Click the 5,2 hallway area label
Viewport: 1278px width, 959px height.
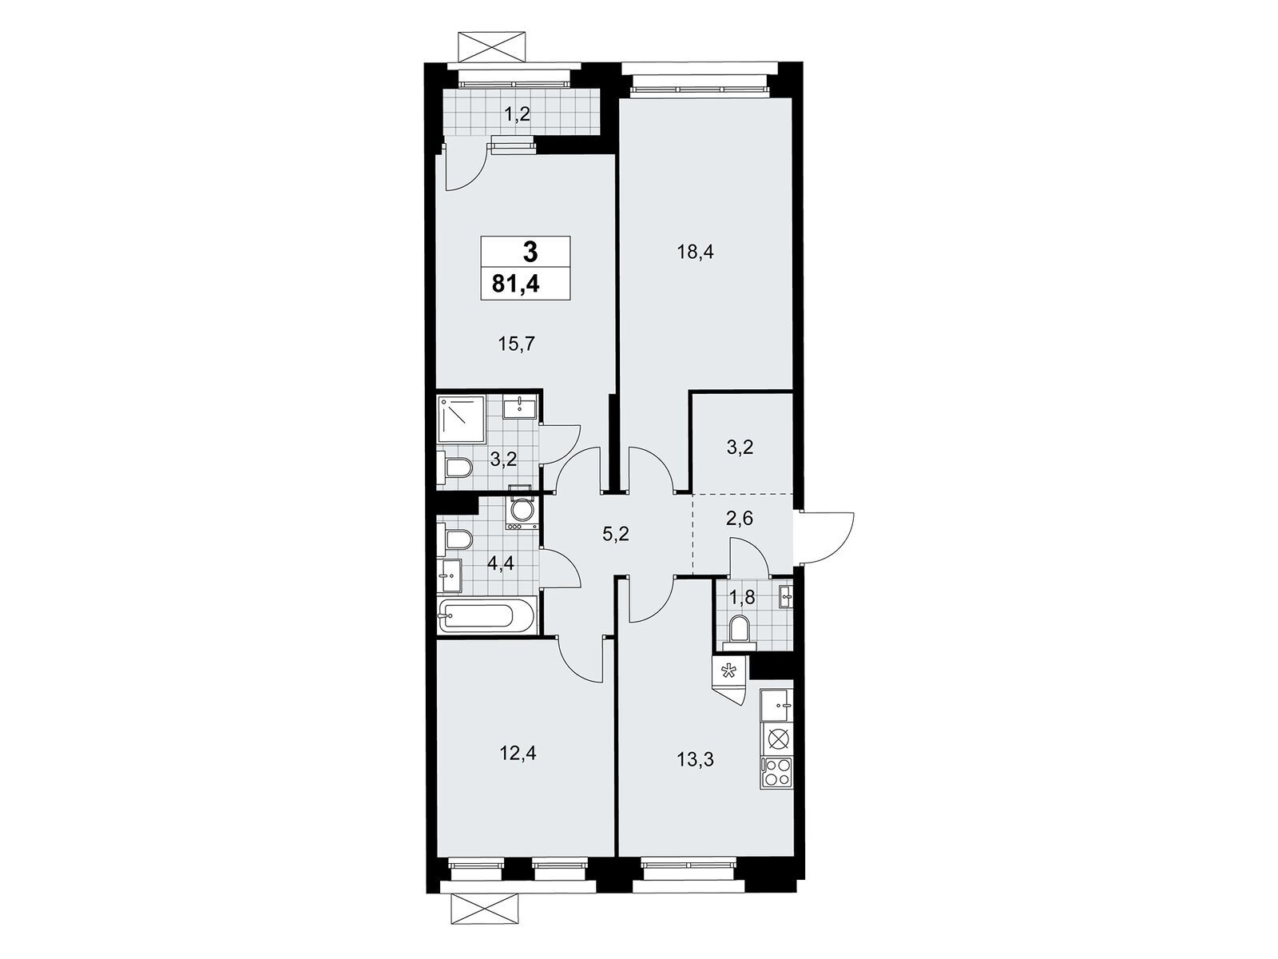coord(615,533)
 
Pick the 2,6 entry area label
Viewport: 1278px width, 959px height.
coord(740,517)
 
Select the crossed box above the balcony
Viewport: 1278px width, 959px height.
coord(495,48)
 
